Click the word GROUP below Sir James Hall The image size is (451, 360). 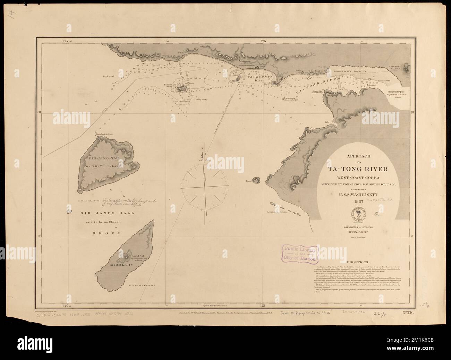tap(104, 233)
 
